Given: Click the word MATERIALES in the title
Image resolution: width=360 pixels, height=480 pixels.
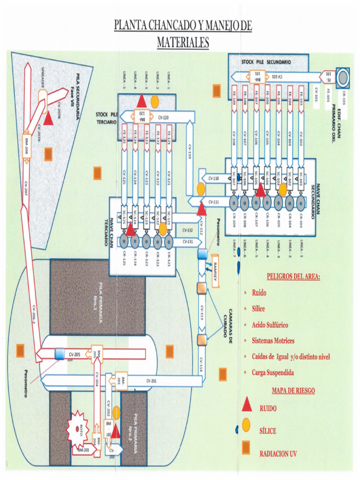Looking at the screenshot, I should (x=182, y=43).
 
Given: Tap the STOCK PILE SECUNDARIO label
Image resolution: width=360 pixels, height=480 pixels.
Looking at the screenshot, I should (x=266, y=62).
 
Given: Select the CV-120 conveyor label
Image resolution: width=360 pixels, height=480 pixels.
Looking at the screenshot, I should (x=164, y=118).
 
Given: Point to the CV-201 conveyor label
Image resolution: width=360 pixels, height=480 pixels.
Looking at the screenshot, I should (x=151, y=380).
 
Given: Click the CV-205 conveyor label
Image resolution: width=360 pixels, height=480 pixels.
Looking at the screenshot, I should (x=75, y=354).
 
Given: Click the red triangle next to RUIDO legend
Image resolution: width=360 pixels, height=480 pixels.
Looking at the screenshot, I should (x=247, y=406).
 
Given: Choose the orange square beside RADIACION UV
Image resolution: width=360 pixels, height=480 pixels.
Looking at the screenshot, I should (x=247, y=449).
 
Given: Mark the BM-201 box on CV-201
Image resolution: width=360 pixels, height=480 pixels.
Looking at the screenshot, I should (x=119, y=380).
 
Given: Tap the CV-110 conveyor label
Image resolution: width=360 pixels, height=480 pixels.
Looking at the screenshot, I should (x=213, y=178).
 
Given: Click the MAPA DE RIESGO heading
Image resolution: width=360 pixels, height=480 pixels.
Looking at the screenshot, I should (x=293, y=390).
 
